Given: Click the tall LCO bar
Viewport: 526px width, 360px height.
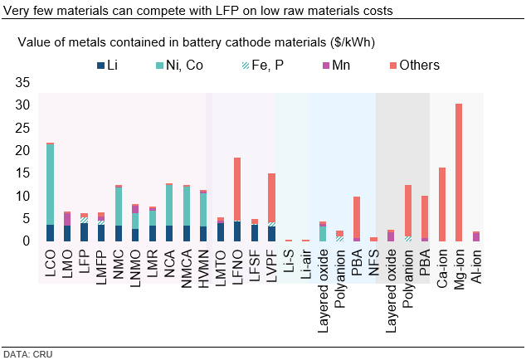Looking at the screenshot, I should coord(50,192).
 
